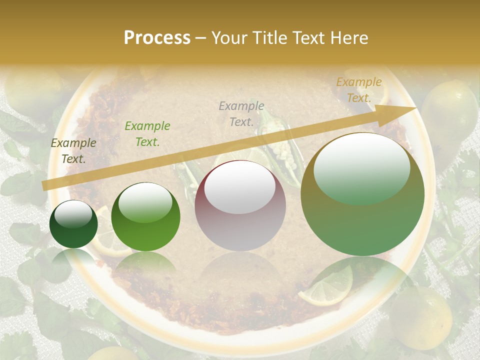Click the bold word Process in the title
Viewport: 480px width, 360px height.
(x=157, y=38)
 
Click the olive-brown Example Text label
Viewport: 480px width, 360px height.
(x=73, y=151)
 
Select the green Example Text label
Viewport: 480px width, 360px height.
(x=147, y=134)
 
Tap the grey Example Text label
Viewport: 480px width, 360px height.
(x=241, y=113)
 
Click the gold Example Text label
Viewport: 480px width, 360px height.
(x=358, y=90)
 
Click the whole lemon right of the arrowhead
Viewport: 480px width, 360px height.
(x=449, y=112)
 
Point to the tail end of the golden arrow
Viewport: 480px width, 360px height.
(x=45, y=185)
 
